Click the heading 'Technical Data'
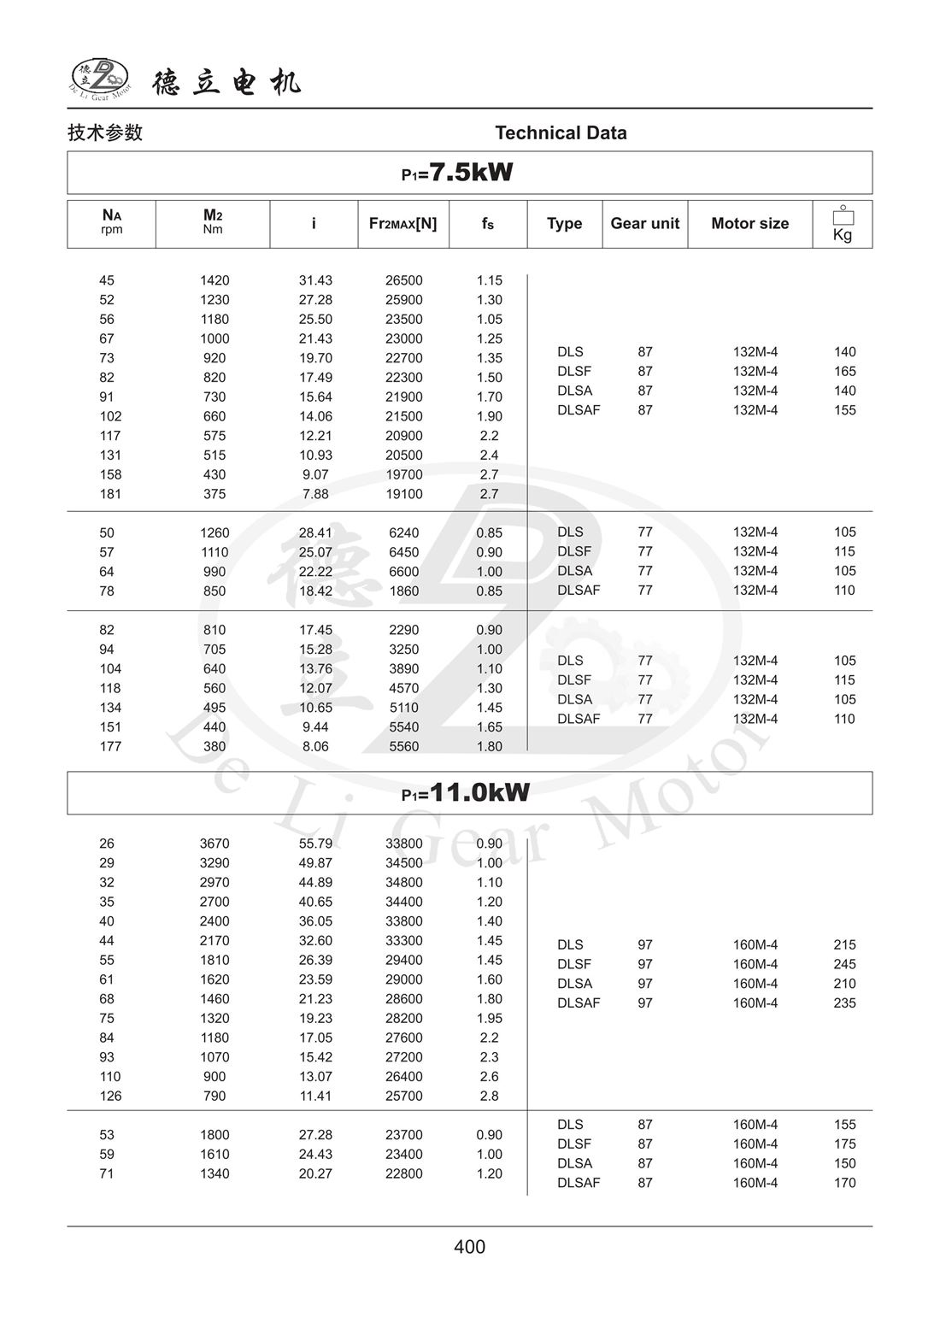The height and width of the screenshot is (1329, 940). (x=561, y=133)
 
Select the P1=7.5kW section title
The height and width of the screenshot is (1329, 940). (x=457, y=173)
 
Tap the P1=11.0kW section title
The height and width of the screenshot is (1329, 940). (x=466, y=793)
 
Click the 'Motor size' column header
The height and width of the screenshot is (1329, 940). (x=749, y=224)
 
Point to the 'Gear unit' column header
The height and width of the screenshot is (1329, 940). (x=644, y=224)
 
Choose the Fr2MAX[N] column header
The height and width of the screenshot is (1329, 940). (x=402, y=224)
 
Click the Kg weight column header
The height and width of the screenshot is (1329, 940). (x=843, y=225)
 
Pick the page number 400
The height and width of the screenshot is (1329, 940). (x=470, y=1247)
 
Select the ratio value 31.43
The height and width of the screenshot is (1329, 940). (x=315, y=280)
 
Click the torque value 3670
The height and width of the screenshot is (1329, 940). (x=214, y=844)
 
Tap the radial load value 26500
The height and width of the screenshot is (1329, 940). (x=403, y=280)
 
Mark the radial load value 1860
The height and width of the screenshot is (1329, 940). (x=403, y=591)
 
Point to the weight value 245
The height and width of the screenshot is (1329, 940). (x=844, y=964)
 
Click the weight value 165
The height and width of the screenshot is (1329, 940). (x=844, y=371)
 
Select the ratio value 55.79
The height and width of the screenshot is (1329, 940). (x=315, y=844)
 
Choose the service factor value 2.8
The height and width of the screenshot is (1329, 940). (x=489, y=1096)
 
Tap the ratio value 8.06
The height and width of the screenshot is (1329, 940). (x=315, y=746)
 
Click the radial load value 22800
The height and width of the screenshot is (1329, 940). (x=403, y=1173)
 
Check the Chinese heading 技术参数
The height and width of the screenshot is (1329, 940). (x=105, y=132)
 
